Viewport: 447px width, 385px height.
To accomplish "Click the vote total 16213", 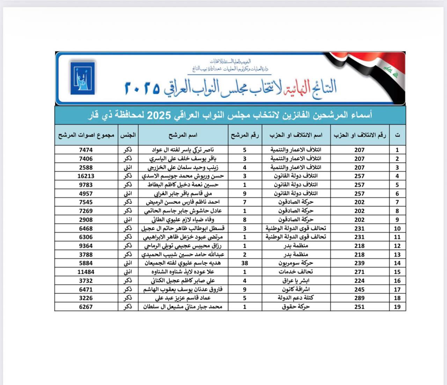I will (86, 176).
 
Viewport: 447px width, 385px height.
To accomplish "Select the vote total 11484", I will (86, 272).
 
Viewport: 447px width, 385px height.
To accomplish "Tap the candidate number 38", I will (244, 263).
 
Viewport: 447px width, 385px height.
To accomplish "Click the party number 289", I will (359, 298).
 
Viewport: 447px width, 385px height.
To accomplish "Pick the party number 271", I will (359, 272).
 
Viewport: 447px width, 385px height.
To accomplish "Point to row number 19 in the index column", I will (397, 307).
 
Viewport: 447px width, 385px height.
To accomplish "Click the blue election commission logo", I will (82, 78).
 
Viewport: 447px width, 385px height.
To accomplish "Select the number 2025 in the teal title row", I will (159, 115).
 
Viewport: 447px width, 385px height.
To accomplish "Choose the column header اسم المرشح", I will (183, 135).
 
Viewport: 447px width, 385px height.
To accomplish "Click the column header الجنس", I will (128, 135).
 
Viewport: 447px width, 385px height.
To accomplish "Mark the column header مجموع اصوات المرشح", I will (86, 135).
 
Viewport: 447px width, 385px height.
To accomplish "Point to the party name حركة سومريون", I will (296, 263).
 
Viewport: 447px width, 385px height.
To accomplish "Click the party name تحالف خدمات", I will (296, 272).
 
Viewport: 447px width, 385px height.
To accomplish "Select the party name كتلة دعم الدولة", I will (296, 298).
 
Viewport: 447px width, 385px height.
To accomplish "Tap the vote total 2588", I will (86, 167).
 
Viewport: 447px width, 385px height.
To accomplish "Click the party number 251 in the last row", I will (359, 307).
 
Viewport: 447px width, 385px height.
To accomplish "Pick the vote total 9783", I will (86, 185).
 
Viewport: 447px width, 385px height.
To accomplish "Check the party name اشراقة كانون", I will (296, 289).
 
